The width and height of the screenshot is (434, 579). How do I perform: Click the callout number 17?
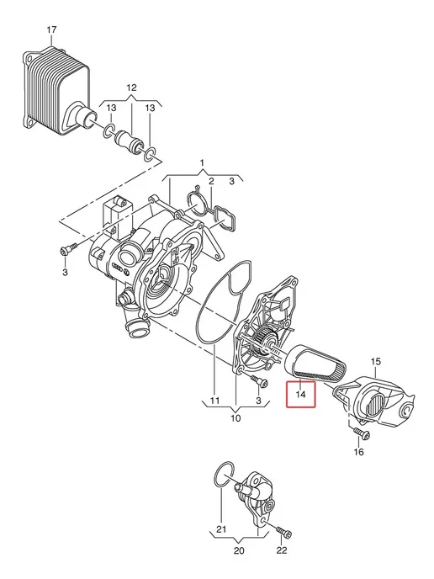click(51, 29)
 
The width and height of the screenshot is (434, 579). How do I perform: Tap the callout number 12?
click(131, 88)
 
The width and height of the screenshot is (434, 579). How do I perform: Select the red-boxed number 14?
click(301, 395)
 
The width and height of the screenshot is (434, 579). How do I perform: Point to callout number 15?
click(376, 362)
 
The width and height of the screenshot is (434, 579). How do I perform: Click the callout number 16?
click(358, 452)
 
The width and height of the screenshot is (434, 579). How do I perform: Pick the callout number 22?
click(282, 550)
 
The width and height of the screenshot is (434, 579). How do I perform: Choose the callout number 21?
click(221, 529)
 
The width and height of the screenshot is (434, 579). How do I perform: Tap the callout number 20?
click(239, 550)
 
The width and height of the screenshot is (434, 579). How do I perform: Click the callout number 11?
click(214, 401)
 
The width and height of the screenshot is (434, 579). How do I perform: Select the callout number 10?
click(236, 418)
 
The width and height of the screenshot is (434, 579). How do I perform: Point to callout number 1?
click(202, 163)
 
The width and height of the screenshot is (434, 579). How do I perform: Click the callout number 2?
click(211, 181)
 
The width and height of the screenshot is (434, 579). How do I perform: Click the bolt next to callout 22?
click(283, 532)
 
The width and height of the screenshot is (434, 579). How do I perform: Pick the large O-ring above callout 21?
click(224, 474)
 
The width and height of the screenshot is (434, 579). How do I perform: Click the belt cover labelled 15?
click(373, 401)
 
